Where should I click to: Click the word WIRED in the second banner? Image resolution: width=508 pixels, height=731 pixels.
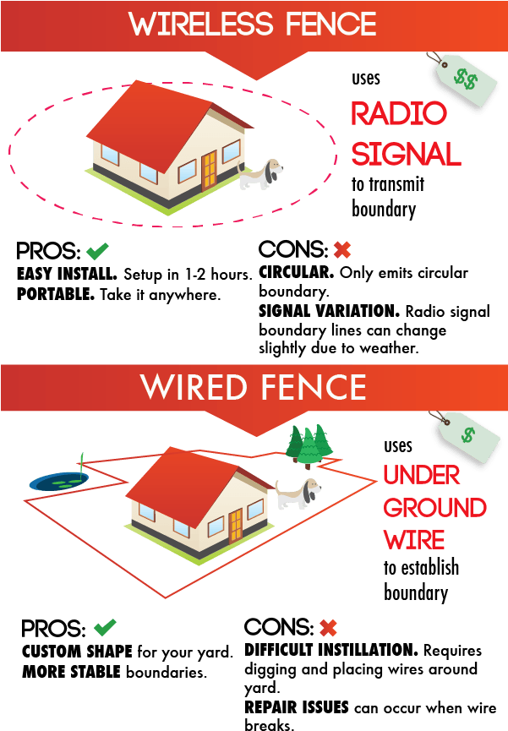click(189, 387)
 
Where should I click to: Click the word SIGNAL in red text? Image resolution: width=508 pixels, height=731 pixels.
click(406, 154)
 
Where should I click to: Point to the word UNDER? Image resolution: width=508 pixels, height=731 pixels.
click(422, 475)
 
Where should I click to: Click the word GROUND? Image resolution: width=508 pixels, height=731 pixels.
click(434, 508)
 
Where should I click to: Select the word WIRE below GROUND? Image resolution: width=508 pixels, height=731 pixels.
click(414, 540)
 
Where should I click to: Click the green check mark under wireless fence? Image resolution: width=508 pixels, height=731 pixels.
click(97, 251)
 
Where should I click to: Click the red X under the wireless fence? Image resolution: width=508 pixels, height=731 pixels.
click(341, 250)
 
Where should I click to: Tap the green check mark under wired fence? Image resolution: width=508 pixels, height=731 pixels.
click(105, 628)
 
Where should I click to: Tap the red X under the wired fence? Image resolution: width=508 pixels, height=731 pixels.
click(328, 628)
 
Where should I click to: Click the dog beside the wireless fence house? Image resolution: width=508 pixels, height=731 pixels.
click(259, 174)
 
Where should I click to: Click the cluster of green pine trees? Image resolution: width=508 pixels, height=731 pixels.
click(309, 445)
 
